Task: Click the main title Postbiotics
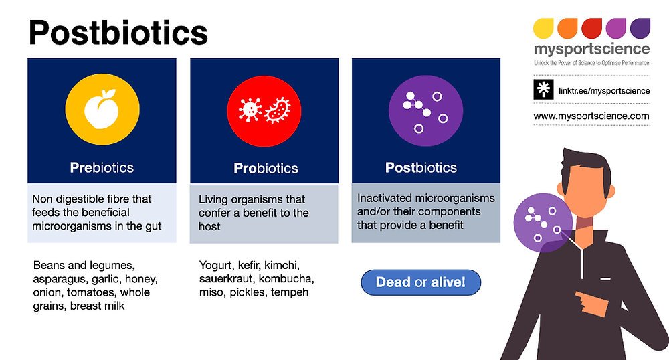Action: (x=118, y=32)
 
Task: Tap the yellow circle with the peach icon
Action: (x=102, y=109)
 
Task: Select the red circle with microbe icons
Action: (x=264, y=111)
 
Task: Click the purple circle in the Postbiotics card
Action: (x=425, y=110)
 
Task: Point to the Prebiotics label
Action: (x=102, y=168)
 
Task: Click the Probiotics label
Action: (x=266, y=168)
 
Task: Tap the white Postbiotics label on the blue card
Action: (x=421, y=168)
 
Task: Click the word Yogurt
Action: (x=216, y=266)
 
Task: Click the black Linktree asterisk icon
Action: (x=543, y=90)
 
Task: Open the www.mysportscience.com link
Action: (x=591, y=116)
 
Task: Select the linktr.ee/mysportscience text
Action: (x=604, y=90)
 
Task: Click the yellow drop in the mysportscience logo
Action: (x=543, y=28)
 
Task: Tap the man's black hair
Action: (x=586, y=164)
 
